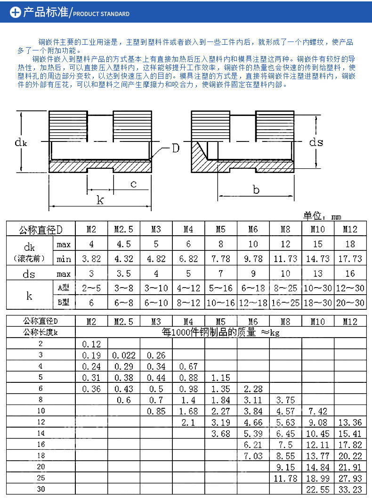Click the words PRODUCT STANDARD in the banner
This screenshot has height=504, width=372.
point(101,14)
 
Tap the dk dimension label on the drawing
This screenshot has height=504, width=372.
point(20,141)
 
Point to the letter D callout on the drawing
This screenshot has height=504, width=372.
point(175,149)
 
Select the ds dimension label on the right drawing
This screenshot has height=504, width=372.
point(316,141)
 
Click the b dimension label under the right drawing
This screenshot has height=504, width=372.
point(256,190)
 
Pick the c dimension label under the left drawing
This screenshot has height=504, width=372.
point(133,184)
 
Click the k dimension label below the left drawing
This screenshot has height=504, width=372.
point(100,200)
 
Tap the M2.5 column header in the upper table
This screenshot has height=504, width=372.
point(124,230)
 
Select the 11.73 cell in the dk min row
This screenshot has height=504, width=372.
point(285,259)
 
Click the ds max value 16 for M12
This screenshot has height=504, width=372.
point(350,274)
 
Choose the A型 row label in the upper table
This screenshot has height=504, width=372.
point(64,288)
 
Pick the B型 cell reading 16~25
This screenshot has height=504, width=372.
point(285,303)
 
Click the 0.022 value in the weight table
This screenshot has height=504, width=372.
point(124,355)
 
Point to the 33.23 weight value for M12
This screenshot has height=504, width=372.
point(350,489)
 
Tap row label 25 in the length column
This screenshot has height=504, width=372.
point(41,478)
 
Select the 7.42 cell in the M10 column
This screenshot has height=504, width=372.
point(318,411)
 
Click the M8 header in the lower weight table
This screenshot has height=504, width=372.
point(285,322)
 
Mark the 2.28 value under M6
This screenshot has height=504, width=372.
point(253,389)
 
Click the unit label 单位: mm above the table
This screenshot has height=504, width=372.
point(322,216)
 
